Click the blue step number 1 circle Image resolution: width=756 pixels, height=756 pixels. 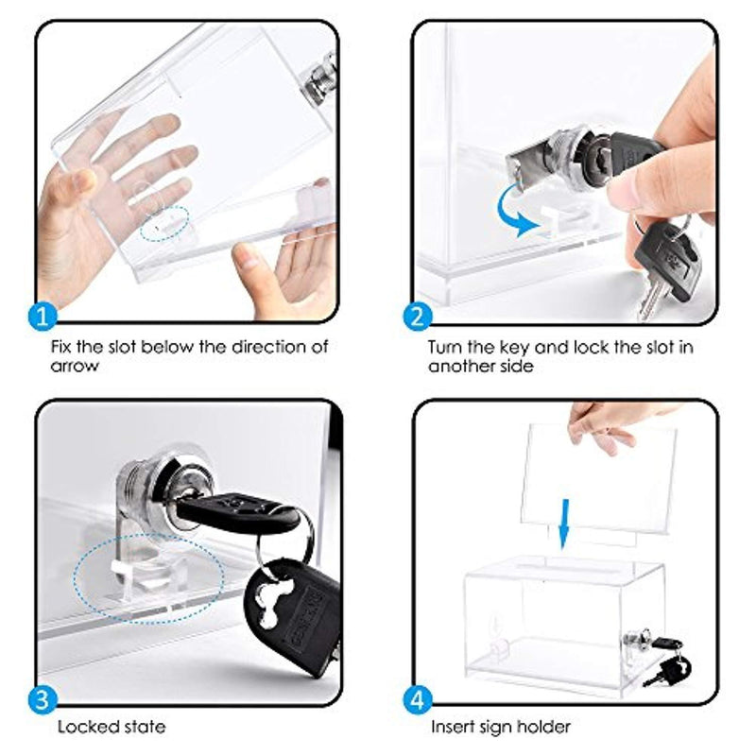point(43,318)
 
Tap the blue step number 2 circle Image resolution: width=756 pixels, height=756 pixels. point(418,317)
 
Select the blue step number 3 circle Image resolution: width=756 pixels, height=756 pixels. point(43,699)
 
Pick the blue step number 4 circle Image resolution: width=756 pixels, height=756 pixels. point(418,699)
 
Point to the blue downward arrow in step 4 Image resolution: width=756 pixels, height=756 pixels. point(563,524)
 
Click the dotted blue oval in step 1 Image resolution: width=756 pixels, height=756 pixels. point(164,223)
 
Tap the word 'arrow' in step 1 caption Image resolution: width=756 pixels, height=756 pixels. point(75,366)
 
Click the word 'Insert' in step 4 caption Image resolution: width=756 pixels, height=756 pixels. point(454,727)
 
